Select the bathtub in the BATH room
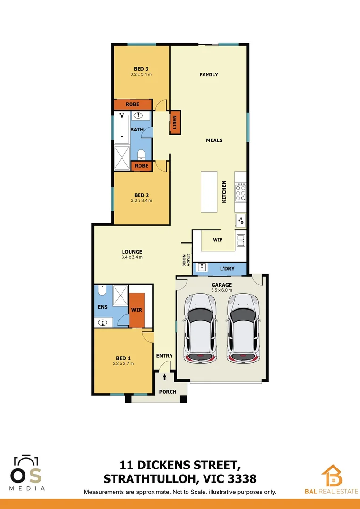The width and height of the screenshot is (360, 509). coord(122,129)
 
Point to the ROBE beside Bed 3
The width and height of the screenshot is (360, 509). coord(132,104)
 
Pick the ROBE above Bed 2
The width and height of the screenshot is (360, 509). coord(141,166)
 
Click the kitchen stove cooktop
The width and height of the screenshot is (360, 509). coord(240,192)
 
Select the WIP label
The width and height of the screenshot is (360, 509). coord(218,240)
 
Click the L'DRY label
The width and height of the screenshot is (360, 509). coord(227,269)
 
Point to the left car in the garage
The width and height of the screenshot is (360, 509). coord(201,328)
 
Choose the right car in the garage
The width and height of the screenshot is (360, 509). coord(243,328)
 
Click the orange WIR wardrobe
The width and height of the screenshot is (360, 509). coord(137,310)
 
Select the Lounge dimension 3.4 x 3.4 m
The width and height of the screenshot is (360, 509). coord(132,257)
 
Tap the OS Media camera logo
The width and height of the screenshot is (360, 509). coord(27,468)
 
